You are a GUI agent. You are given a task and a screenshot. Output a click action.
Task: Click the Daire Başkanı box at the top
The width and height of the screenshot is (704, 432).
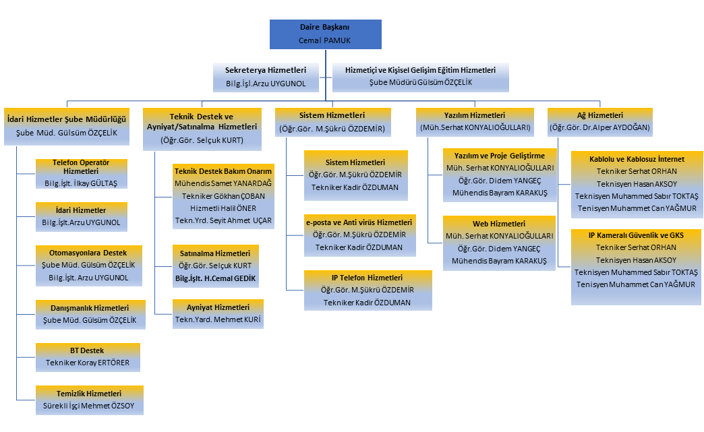[x=325, y=34]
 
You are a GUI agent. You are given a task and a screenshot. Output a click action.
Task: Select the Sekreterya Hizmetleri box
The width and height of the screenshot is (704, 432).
[x=266, y=77]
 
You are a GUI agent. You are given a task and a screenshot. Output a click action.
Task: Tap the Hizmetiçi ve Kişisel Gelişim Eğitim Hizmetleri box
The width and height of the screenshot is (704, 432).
[x=421, y=76]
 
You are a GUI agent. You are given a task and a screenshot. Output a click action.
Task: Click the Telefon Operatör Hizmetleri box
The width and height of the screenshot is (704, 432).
[x=80, y=173]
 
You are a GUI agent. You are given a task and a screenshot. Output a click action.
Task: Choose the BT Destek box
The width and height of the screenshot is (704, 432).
[x=87, y=357]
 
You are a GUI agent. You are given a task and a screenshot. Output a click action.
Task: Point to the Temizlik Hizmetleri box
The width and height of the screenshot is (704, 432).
[x=89, y=400]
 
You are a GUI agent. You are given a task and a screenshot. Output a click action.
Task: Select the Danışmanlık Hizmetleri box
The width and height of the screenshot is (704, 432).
[x=89, y=314]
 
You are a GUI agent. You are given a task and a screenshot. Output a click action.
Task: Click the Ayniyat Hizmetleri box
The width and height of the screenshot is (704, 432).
[x=218, y=313]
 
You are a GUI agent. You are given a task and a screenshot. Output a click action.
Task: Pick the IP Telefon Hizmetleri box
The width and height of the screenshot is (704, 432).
[x=368, y=290]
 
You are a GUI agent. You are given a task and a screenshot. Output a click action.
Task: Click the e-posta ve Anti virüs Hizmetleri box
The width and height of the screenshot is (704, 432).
[x=359, y=235]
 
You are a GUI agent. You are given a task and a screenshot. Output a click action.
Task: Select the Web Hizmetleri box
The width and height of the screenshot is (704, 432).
[x=499, y=242]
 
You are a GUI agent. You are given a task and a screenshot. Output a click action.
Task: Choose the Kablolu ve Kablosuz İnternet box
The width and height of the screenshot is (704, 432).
[x=637, y=183]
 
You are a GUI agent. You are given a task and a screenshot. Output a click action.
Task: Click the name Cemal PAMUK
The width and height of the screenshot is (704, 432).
[x=325, y=40]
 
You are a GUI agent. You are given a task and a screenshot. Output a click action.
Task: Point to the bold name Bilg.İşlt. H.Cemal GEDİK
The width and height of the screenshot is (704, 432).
[x=216, y=278]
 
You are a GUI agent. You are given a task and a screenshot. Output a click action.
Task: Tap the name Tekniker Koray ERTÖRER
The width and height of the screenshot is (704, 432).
[x=87, y=363]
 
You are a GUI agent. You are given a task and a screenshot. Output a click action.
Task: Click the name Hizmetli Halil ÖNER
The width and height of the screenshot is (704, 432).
[x=224, y=207]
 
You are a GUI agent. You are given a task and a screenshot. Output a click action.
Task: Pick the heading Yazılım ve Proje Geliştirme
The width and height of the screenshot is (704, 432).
[x=500, y=156]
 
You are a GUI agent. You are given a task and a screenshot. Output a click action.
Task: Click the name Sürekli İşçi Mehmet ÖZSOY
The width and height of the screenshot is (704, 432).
[x=89, y=406]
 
